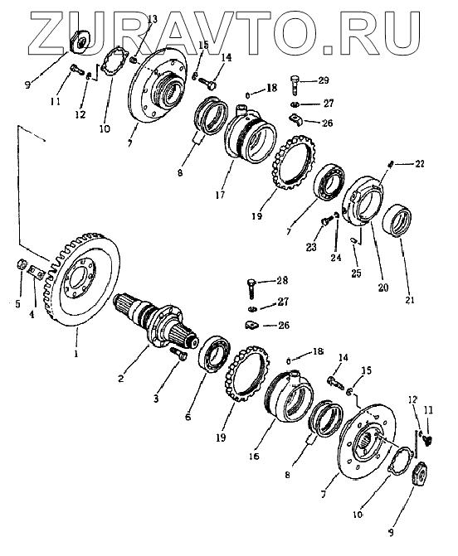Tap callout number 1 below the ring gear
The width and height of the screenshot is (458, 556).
(76, 354)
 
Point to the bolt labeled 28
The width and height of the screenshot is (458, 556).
(251, 288)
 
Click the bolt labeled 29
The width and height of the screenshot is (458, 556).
(295, 85)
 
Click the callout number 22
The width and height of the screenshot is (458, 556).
(419, 164)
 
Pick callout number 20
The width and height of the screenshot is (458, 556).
(382, 287)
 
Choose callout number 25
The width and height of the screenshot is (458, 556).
(356, 273)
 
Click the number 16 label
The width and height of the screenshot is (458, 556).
(254, 456)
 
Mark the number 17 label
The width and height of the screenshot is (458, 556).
(220, 195)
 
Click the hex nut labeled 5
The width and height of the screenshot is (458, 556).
(21, 264)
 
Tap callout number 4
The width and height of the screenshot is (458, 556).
(32, 314)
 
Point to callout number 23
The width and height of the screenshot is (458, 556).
(311, 247)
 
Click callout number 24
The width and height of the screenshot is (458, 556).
(336, 258)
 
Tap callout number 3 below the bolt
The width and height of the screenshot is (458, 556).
(156, 399)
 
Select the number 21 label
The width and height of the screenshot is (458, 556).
(410, 300)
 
